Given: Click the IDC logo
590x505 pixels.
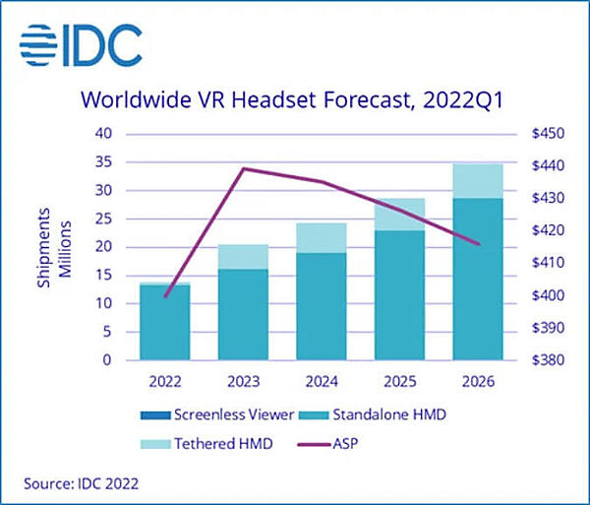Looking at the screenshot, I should [x=80, y=44].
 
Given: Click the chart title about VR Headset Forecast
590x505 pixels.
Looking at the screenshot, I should [x=294, y=100].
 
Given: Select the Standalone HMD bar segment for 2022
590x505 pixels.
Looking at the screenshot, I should [x=164, y=323].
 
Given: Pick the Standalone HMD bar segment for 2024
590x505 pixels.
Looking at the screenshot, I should [x=322, y=306].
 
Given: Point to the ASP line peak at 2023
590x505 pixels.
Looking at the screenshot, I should [x=243, y=168].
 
